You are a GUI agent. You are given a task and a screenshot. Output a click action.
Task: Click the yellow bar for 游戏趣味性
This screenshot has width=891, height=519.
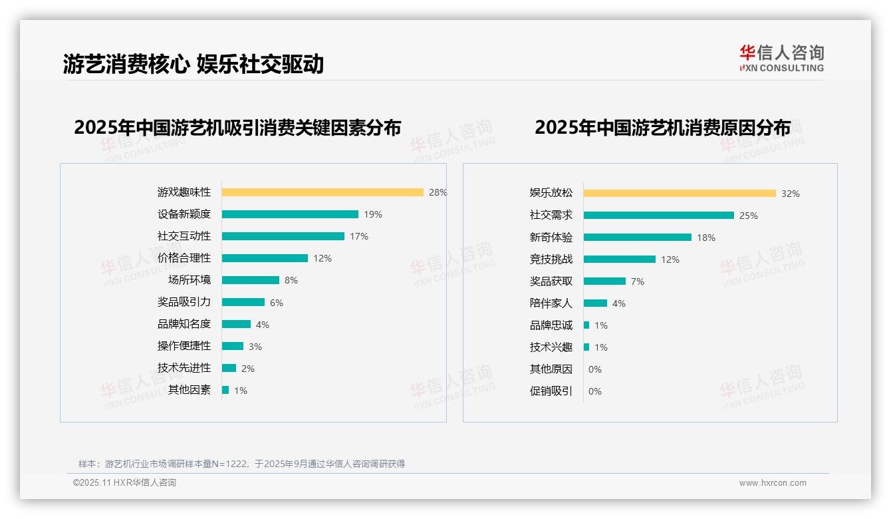pyautogui.click(x=322, y=192)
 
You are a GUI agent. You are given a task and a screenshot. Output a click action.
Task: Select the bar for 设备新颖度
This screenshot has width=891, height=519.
pyautogui.click(x=290, y=214)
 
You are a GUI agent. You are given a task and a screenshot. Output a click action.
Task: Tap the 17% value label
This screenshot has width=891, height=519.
pyautogui.click(x=359, y=236)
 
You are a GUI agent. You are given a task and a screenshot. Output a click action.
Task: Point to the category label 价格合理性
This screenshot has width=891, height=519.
pyautogui.click(x=184, y=258)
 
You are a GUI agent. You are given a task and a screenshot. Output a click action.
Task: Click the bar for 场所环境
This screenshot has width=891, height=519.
pyautogui.click(x=251, y=280)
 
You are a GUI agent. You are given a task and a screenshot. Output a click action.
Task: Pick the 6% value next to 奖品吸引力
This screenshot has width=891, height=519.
pyautogui.click(x=277, y=303)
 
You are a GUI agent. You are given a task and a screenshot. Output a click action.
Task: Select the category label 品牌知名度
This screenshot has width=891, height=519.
pyautogui.click(x=184, y=324)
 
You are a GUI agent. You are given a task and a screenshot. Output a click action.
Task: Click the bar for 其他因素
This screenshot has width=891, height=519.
pyautogui.click(x=225, y=390)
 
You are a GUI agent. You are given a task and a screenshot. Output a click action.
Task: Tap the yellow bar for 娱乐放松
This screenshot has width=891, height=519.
pyautogui.click(x=680, y=194)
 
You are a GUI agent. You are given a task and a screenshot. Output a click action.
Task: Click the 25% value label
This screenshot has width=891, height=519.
pyautogui.click(x=749, y=216)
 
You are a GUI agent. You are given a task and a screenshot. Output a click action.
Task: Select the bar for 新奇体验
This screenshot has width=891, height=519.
pyautogui.click(x=638, y=238)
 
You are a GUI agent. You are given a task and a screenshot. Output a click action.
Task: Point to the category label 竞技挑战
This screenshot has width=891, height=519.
pyautogui.click(x=551, y=259)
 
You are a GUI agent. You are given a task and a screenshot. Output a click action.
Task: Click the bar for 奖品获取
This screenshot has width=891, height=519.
pyautogui.click(x=605, y=281)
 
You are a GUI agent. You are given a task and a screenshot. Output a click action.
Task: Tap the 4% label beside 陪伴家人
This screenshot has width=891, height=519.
pyautogui.click(x=619, y=303)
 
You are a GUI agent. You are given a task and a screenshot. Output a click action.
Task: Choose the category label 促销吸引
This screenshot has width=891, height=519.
pyautogui.click(x=551, y=391)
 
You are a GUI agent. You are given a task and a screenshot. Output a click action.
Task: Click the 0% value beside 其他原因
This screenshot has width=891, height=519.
pyautogui.click(x=595, y=369)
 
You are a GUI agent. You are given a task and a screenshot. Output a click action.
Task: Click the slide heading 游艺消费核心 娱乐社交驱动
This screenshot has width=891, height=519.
pyautogui.click(x=193, y=64)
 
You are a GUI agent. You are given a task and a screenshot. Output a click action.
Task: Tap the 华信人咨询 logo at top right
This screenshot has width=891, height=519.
pyautogui.click(x=781, y=59)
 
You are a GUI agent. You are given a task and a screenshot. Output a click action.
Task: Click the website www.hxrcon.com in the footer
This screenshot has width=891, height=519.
pyautogui.click(x=773, y=483)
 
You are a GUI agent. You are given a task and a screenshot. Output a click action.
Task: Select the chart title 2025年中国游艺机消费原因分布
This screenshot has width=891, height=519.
pyautogui.click(x=662, y=128)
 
